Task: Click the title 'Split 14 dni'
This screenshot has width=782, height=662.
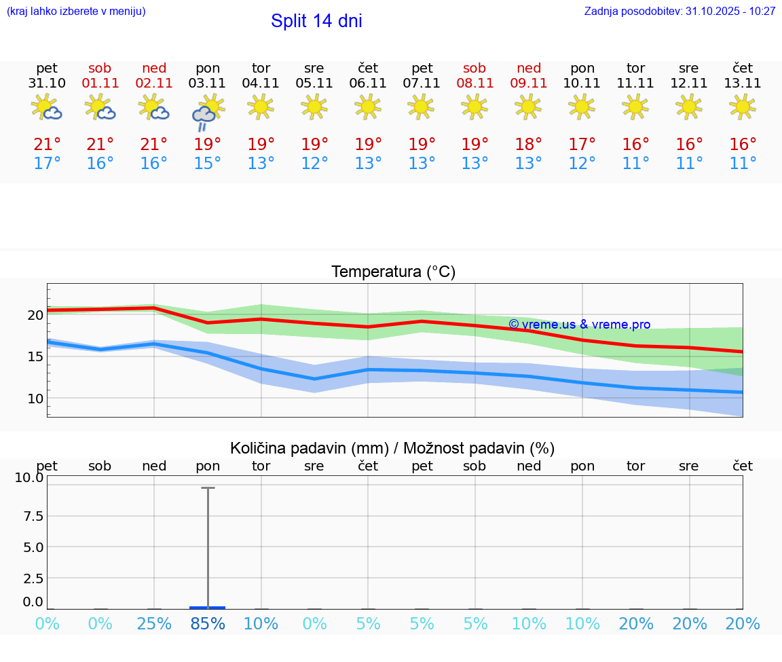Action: [316, 21]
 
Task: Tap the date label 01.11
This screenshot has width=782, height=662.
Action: [100, 84]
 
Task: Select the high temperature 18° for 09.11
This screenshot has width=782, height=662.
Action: [529, 145]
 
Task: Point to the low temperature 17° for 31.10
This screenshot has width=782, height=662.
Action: [47, 164]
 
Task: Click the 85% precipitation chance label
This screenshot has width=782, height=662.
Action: [208, 624]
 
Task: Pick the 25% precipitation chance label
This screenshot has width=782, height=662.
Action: [154, 624]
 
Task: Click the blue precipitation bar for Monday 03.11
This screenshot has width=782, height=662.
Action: [208, 608]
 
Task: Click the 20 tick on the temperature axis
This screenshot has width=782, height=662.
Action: [35, 315]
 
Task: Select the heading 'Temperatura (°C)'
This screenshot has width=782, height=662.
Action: [393, 272]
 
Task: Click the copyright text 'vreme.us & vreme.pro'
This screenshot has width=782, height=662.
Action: [580, 325]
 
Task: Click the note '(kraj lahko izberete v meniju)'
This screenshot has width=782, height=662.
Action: [76, 12]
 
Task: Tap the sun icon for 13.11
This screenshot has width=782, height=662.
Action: [742, 107]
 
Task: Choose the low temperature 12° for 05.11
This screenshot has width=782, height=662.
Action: [314, 164]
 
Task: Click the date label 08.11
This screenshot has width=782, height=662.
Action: [474, 84]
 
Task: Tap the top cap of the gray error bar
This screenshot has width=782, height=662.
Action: [208, 488]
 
